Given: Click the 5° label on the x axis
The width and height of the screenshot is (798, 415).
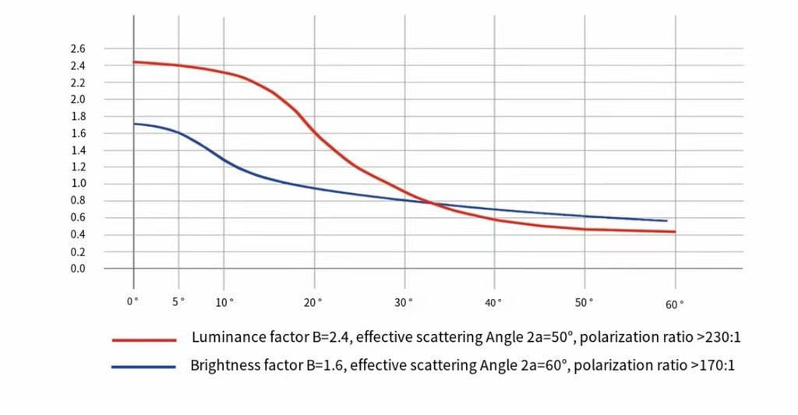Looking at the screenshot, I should pos(178,301).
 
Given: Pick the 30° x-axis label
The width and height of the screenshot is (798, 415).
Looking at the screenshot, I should pos(404,302).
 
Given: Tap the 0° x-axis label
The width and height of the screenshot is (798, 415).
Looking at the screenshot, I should pos(133,300).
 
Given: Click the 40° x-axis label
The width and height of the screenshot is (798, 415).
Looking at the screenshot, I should pos(493,302).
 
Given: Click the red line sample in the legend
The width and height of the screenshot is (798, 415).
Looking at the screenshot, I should pos(144,339).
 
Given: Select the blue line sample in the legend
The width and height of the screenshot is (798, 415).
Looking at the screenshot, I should pos(143,366).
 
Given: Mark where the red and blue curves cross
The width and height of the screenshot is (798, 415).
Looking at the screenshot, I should pos(430,202).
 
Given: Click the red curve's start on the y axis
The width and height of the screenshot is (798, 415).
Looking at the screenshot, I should pos(134,62).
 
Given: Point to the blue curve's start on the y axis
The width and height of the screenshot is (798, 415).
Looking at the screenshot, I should pos(134,124).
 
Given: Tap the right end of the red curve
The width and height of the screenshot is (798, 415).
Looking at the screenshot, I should pos(675,231).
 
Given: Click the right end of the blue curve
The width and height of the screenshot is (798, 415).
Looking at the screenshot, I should pos(666,221).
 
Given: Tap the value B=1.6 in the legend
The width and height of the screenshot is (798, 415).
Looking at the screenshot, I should pos(318,365).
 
